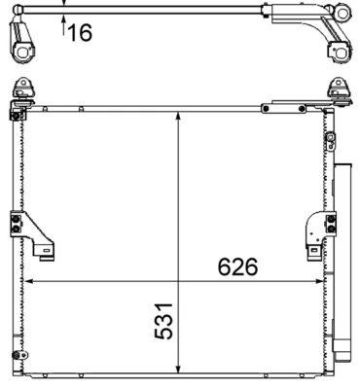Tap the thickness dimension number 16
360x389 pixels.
tap(80, 34)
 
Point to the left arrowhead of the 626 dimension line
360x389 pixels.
tap(28, 282)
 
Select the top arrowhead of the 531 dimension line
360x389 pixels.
tap(178, 115)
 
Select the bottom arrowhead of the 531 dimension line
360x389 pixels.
tap(178, 371)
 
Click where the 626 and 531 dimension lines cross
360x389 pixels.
tap(178, 282)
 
